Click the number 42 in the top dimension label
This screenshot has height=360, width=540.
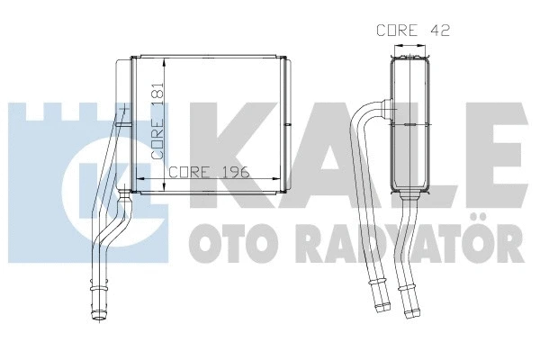438,30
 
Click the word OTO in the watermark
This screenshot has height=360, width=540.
224,242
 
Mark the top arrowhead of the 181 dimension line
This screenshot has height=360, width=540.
164,63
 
